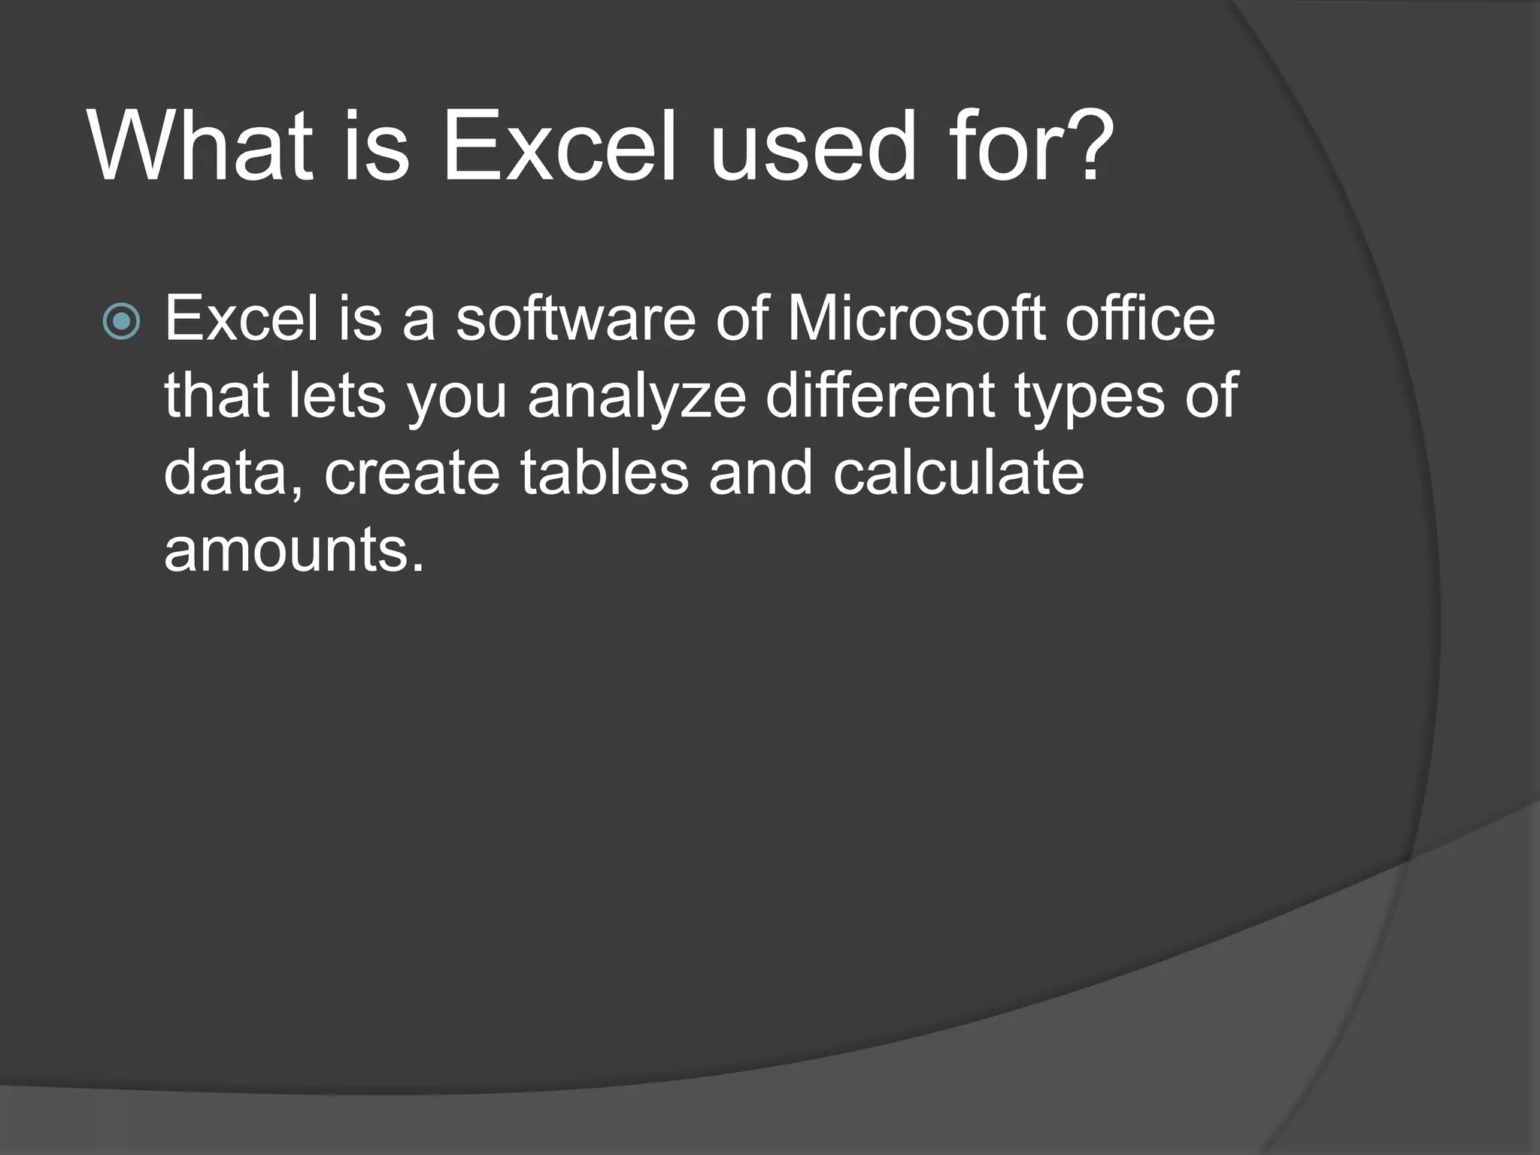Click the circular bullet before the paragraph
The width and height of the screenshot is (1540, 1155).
point(121,321)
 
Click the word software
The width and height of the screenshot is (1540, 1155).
point(576,319)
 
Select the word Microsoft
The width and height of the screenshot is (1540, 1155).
point(917,319)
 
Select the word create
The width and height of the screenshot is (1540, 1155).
point(412,474)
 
